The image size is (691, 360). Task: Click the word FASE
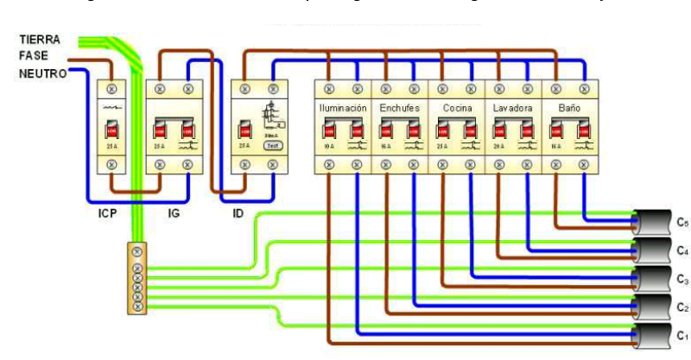(33, 56)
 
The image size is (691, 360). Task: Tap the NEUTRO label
(41, 73)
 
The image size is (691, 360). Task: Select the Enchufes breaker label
(399, 110)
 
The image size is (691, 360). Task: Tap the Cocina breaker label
(456, 110)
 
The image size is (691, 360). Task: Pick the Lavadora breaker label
(513, 110)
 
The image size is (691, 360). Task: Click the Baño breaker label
(570, 110)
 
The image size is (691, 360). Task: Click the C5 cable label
(681, 223)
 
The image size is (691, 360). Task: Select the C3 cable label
(681, 279)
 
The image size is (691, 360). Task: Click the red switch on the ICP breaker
(111, 130)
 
